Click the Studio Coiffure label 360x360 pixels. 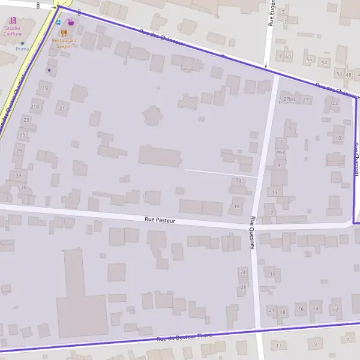[13, 31]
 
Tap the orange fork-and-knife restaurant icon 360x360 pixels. [63, 32]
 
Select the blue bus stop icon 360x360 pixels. [58, 22]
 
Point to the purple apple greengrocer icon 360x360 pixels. [71, 22]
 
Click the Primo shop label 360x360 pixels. [22, 49]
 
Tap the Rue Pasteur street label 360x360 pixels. [160, 220]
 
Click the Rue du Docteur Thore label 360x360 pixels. [184, 338]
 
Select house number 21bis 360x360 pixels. [36, 106]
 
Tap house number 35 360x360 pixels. [24, 188]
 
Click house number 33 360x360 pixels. [19, 175]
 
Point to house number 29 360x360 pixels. [20, 151]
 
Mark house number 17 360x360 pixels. [271, 213]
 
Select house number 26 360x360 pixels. [243, 287]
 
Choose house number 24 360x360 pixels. [242, 272]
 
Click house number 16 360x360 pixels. [301, 310]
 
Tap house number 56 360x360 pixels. [309, 59]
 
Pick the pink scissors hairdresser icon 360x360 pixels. [13, 20]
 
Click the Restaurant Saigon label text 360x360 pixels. [64, 43]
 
